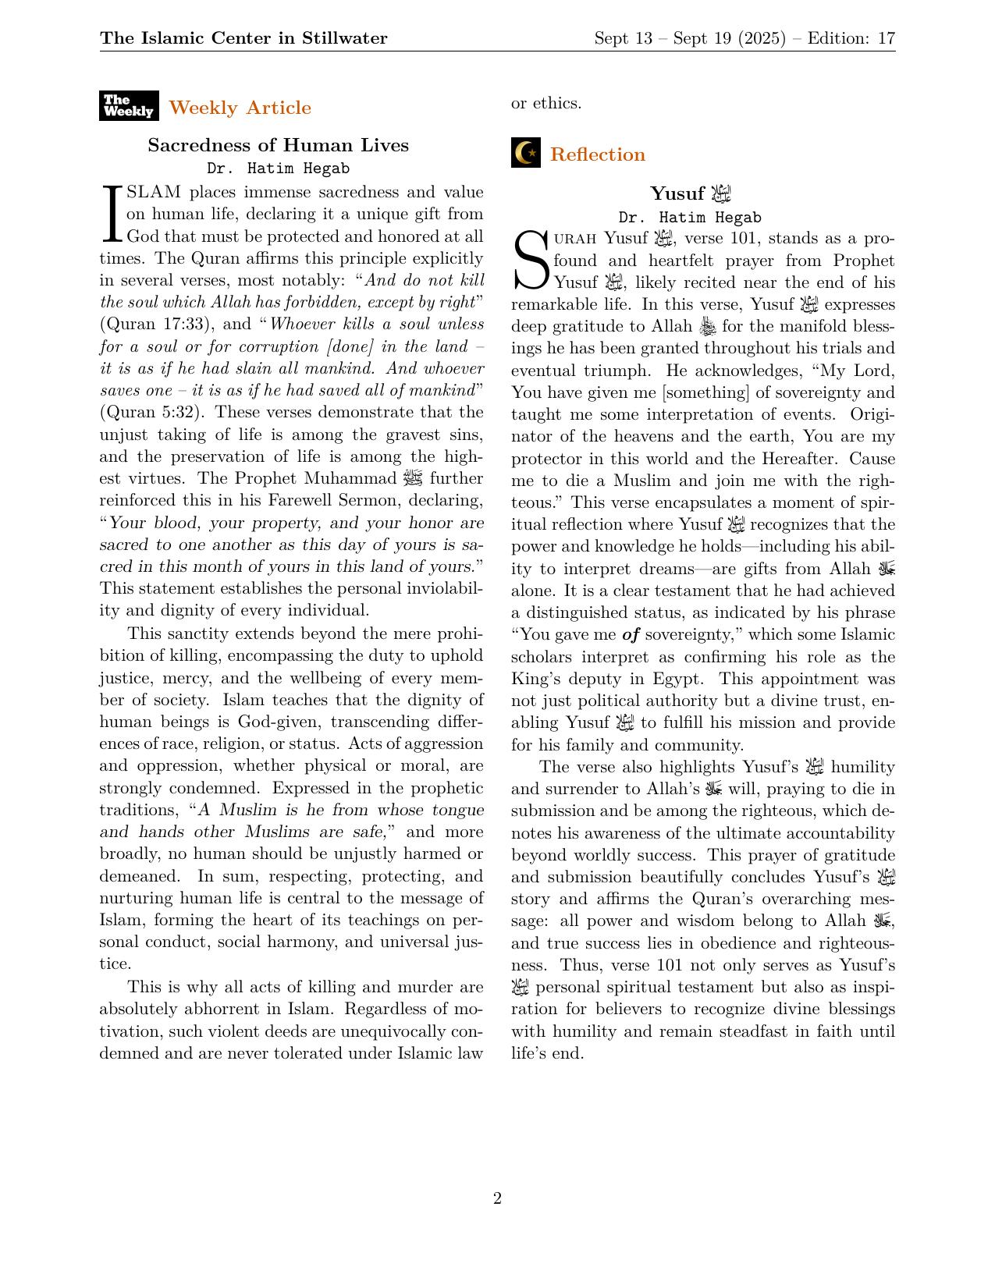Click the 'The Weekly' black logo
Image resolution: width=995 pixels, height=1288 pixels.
(129, 106)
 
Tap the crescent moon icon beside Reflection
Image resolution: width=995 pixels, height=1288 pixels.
(526, 153)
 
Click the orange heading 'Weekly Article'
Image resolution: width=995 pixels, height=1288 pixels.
(240, 108)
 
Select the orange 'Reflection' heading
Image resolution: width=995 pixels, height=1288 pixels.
(597, 154)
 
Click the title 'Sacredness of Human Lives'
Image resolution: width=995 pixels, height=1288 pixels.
(278, 145)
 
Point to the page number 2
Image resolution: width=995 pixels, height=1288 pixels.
(497, 1198)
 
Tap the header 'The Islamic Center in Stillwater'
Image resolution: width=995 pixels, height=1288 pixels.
(243, 38)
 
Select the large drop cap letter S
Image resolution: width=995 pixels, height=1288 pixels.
(531, 260)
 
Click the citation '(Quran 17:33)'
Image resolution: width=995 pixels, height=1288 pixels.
(158, 324)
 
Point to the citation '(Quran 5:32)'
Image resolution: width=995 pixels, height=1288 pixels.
(152, 412)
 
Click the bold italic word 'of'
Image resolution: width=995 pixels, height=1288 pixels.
(631, 635)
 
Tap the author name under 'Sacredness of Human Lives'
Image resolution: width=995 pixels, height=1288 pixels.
(278, 169)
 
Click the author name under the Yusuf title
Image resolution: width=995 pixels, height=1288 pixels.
(689, 218)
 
